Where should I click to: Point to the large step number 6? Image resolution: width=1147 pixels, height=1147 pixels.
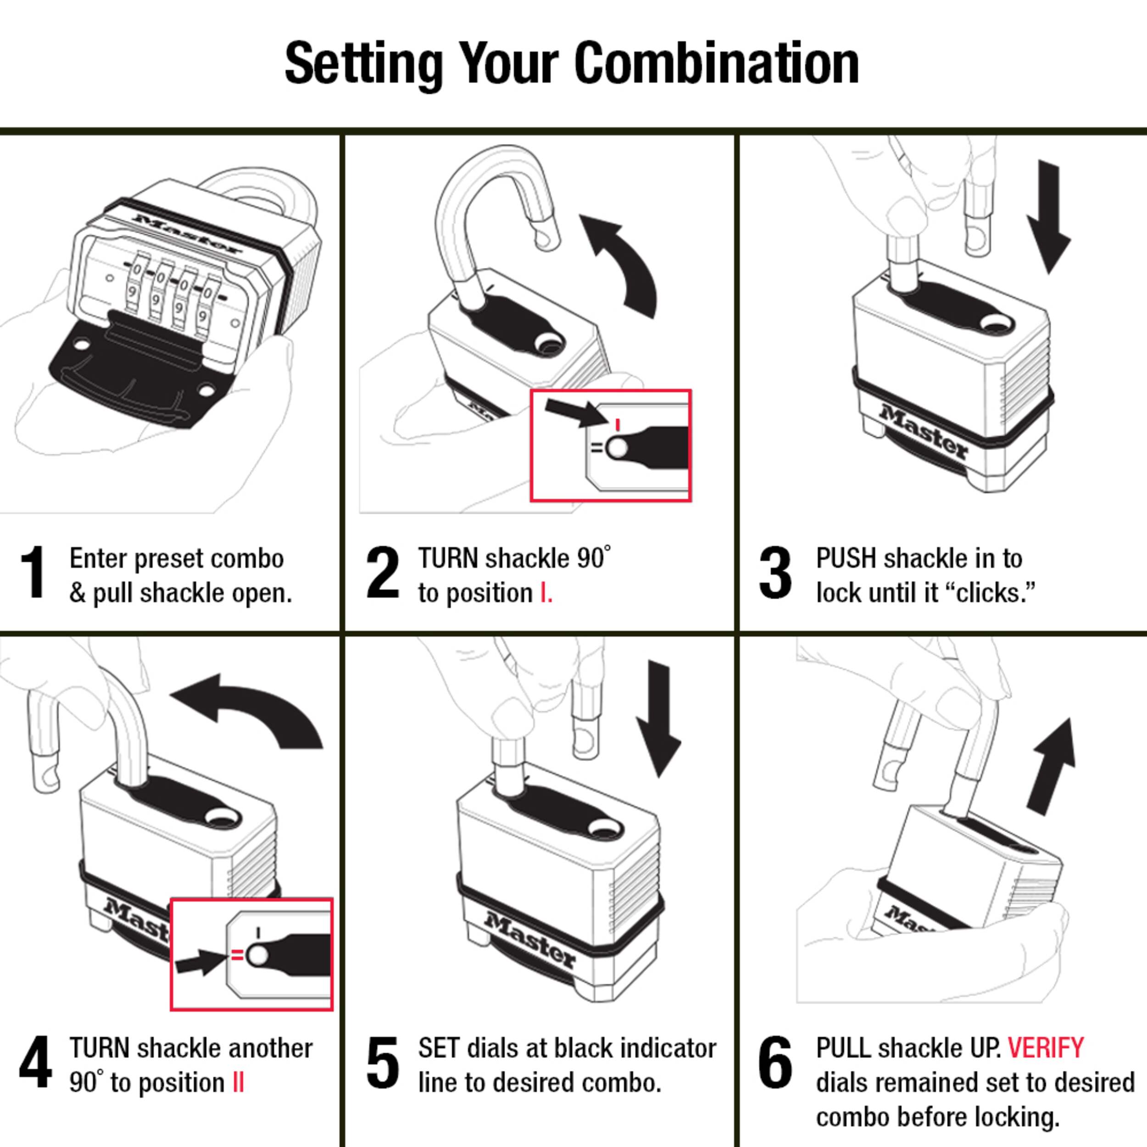coord(775,1062)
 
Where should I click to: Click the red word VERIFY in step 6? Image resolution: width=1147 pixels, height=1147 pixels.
coord(1046,1048)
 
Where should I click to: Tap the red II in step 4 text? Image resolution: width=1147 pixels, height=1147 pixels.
coord(238,1082)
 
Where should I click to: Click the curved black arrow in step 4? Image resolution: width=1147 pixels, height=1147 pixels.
coord(249,709)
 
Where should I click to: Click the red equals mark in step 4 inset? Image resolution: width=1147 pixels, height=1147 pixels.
coord(236,955)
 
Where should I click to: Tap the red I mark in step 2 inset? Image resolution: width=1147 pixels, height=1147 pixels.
coord(618,424)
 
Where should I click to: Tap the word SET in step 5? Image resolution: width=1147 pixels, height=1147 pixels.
coord(440,1048)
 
